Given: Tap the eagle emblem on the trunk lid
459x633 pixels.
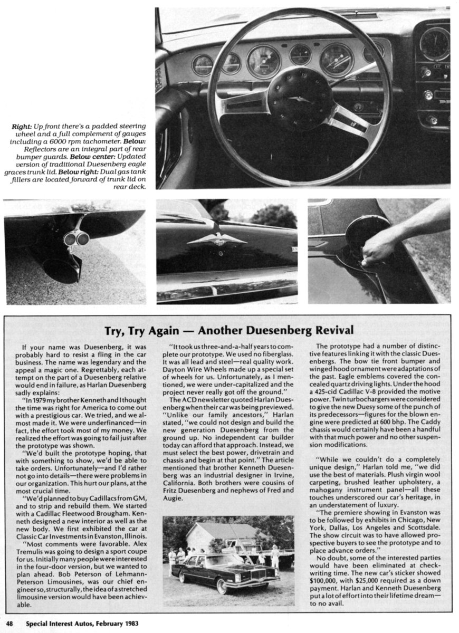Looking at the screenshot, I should (x=216, y=238).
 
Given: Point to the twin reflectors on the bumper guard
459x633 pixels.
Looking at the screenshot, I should (x=77, y=239).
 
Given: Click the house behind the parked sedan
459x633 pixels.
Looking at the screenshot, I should (x=222, y=536).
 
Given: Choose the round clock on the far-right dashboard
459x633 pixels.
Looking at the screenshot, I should (x=434, y=44).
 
